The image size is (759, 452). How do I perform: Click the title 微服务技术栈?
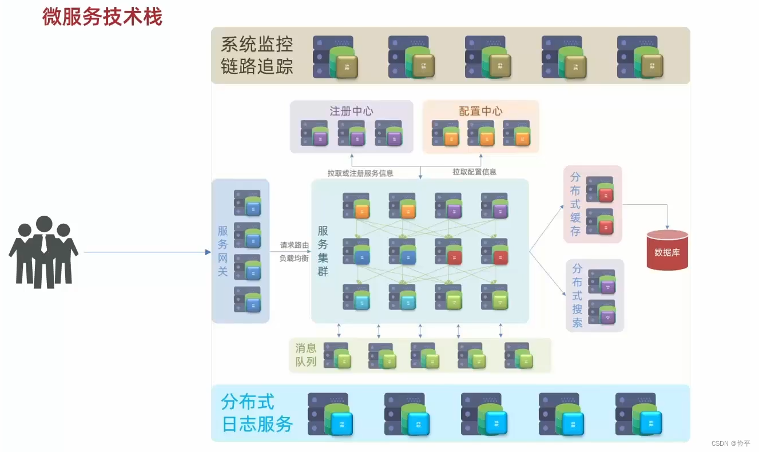[102, 16]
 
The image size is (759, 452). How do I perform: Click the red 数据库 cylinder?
[667, 250]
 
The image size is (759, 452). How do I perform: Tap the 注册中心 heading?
[351, 111]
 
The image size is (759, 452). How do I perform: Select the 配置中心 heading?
[480, 111]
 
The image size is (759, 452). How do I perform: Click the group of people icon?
[43, 252]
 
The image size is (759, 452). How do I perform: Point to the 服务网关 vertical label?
[223, 251]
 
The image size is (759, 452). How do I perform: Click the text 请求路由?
[294, 245]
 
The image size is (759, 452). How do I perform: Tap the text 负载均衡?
[294, 258]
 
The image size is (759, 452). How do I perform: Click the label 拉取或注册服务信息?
[360, 173]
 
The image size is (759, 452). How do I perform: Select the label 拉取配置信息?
[474, 172]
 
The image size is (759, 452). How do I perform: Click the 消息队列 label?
[305, 355]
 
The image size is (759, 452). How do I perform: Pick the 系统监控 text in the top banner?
[257, 45]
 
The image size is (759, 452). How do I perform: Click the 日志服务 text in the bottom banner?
[257, 424]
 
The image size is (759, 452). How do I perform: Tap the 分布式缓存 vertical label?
[575, 204]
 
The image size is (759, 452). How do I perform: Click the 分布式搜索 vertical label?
[577, 295]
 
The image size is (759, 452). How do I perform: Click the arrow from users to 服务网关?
[146, 252]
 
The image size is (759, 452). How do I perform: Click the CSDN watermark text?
[730, 443]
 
